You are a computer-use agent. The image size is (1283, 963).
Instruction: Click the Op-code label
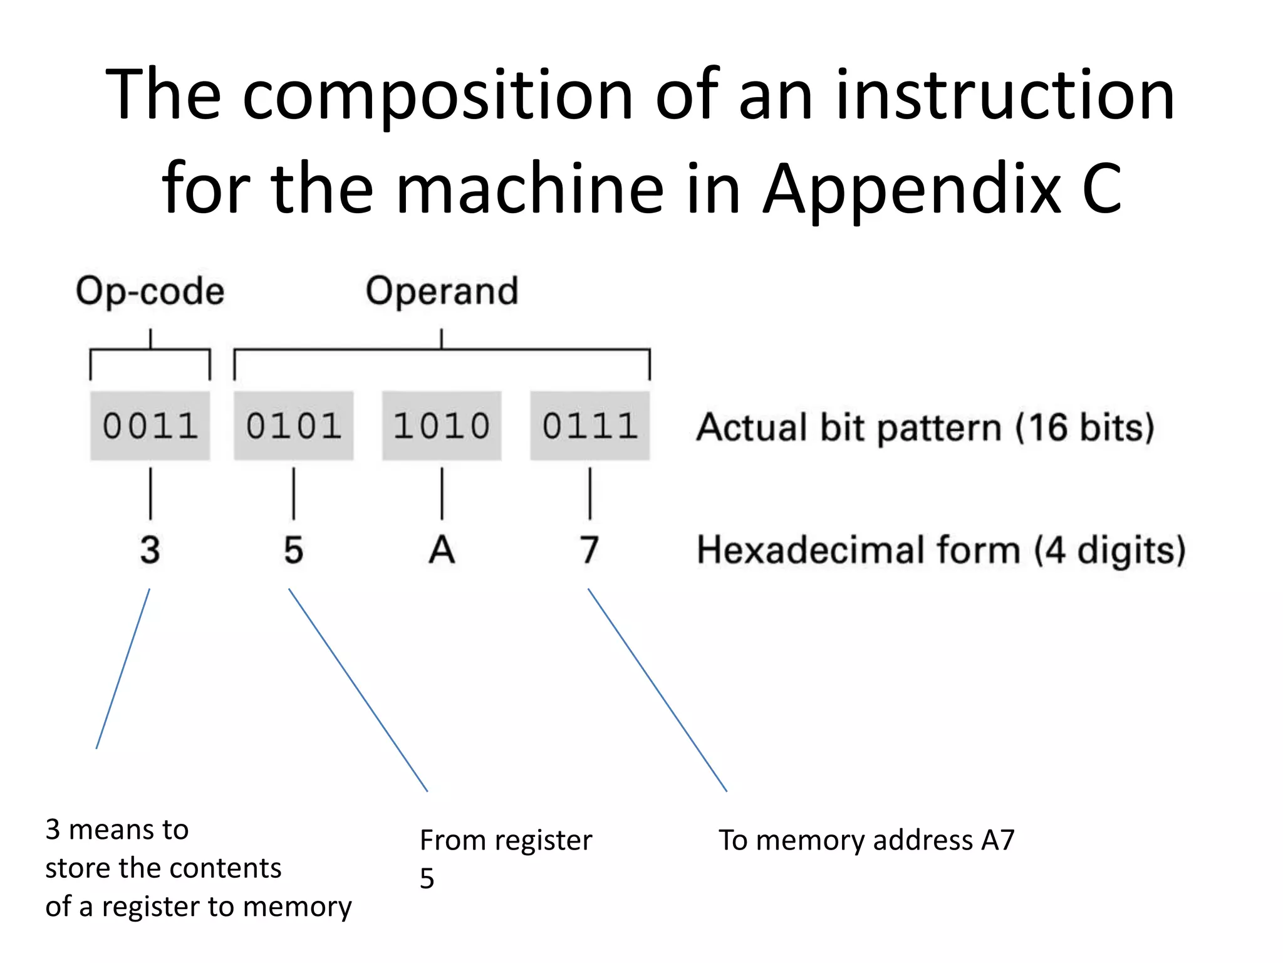pyautogui.click(x=150, y=291)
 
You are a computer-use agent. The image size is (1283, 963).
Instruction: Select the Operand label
pyautogui.click(x=442, y=291)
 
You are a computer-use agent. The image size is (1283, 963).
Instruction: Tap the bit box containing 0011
pyautogui.click(x=150, y=426)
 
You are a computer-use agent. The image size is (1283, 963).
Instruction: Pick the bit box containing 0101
pyautogui.click(x=293, y=426)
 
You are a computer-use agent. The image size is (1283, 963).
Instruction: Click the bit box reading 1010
pyautogui.click(x=442, y=426)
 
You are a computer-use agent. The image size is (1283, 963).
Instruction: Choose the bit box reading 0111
pyautogui.click(x=590, y=426)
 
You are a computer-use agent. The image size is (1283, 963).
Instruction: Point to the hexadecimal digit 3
pyautogui.click(x=150, y=550)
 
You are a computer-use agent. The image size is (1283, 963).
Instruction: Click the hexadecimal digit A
pyautogui.click(x=442, y=550)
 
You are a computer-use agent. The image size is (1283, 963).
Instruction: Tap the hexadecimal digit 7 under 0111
pyautogui.click(x=590, y=550)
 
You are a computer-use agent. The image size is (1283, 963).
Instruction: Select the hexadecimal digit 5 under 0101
pyautogui.click(x=293, y=550)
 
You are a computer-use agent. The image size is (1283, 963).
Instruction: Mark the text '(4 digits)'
pyautogui.click(x=1109, y=550)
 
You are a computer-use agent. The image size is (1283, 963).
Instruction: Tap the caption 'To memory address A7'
pyautogui.click(x=866, y=840)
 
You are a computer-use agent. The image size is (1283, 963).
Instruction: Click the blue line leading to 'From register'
pyautogui.click(x=358, y=690)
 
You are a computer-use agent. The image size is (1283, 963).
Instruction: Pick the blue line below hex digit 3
pyautogui.click(x=123, y=668)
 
